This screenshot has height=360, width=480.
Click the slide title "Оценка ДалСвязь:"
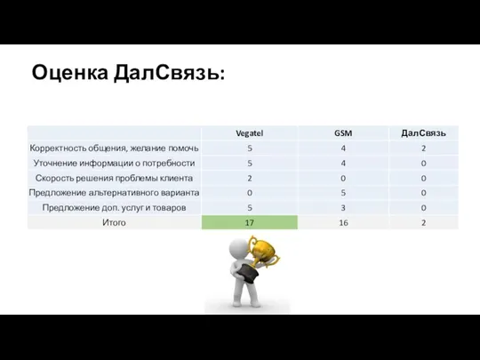(x=128, y=73)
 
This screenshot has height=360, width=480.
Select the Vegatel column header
(x=250, y=132)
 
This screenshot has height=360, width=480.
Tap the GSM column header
(x=342, y=132)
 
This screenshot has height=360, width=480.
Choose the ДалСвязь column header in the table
(x=423, y=132)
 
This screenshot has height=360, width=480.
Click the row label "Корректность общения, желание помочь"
(x=114, y=148)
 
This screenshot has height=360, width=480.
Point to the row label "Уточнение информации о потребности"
(x=114, y=163)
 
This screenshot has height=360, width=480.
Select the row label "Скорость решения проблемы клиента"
(x=114, y=178)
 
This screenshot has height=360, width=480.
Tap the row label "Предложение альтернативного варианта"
(x=114, y=192)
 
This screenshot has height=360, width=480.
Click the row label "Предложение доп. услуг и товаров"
(x=114, y=207)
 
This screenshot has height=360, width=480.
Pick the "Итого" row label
(x=114, y=222)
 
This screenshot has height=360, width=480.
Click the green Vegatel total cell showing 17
(x=250, y=222)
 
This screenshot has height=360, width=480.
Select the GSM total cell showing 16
(x=342, y=222)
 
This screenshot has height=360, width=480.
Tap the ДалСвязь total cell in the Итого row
(x=423, y=222)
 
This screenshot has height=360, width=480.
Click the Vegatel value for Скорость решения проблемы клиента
(x=250, y=178)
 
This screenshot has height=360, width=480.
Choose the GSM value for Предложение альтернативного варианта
(x=342, y=192)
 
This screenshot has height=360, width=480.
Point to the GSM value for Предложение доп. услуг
(x=342, y=207)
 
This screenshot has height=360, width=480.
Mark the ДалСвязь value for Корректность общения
(x=423, y=148)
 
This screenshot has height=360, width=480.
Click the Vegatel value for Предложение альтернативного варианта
(x=250, y=192)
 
